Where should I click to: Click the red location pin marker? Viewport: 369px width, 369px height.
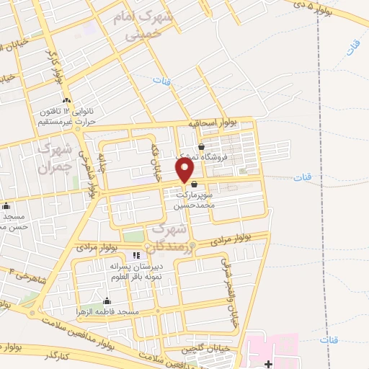[x=185, y=170]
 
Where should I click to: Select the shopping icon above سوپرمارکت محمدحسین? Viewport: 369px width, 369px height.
[x=195, y=184]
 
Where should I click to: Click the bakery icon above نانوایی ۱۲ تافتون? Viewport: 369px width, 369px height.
[x=66, y=99]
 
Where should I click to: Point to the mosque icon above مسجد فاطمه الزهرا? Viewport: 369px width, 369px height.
[x=107, y=301]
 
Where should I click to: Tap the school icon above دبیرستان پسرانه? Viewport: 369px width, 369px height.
[x=136, y=255]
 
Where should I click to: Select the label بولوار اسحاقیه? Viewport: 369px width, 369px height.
[x=213, y=123]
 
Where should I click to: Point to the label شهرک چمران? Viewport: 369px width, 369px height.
[x=55, y=159]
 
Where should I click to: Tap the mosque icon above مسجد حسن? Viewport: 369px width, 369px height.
[x=6, y=206]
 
